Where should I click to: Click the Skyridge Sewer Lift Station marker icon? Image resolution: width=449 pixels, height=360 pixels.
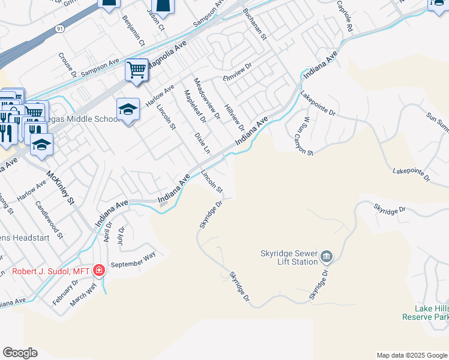click(x=326, y=257)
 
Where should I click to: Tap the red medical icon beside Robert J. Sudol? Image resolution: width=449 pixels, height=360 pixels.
click(x=99, y=271)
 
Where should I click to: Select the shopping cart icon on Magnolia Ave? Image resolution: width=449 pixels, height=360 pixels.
click(x=136, y=70)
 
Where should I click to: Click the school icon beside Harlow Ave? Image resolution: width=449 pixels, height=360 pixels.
click(x=127, y=110)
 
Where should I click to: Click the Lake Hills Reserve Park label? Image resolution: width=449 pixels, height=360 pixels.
click(x=425, y=312)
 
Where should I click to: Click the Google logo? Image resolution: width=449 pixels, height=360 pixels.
click(x=20, y=353)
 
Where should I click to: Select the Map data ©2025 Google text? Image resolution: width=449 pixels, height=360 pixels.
click(x=412, y=355)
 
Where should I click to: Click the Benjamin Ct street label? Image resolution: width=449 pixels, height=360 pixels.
click(x=133, y=31)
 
